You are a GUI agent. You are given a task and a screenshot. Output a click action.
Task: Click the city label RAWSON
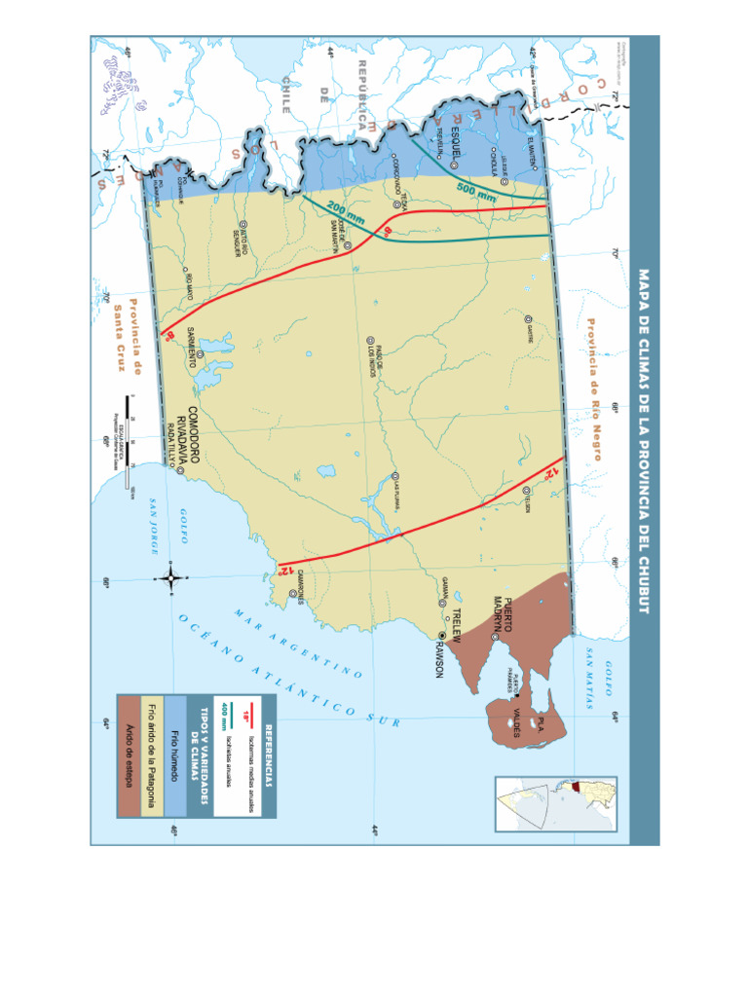[x=438, y=659]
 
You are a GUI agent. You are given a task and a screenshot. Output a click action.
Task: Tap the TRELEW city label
[x=455, y=622]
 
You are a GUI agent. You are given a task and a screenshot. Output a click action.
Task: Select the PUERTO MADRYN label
[x=502, y=612]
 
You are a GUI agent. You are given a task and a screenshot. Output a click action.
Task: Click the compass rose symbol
[x=170, y=579]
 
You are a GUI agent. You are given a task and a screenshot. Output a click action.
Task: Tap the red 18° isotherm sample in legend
[x=252, y=717]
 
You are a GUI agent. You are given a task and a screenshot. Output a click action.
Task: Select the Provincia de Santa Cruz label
[x=126, y=337]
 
